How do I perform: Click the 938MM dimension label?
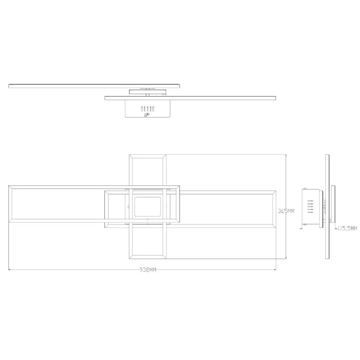[148, 271]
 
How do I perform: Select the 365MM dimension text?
[286, 211]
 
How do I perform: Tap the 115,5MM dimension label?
[347, 229]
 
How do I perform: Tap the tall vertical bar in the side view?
[327, 207]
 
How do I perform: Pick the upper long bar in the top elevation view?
[94, 86]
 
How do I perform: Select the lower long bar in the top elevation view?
[191, 97]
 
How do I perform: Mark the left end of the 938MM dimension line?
[8, 271]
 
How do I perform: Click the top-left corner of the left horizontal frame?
[9, 186]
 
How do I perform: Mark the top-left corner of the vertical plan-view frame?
[130, 155]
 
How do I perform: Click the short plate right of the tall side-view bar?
[334, 207]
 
